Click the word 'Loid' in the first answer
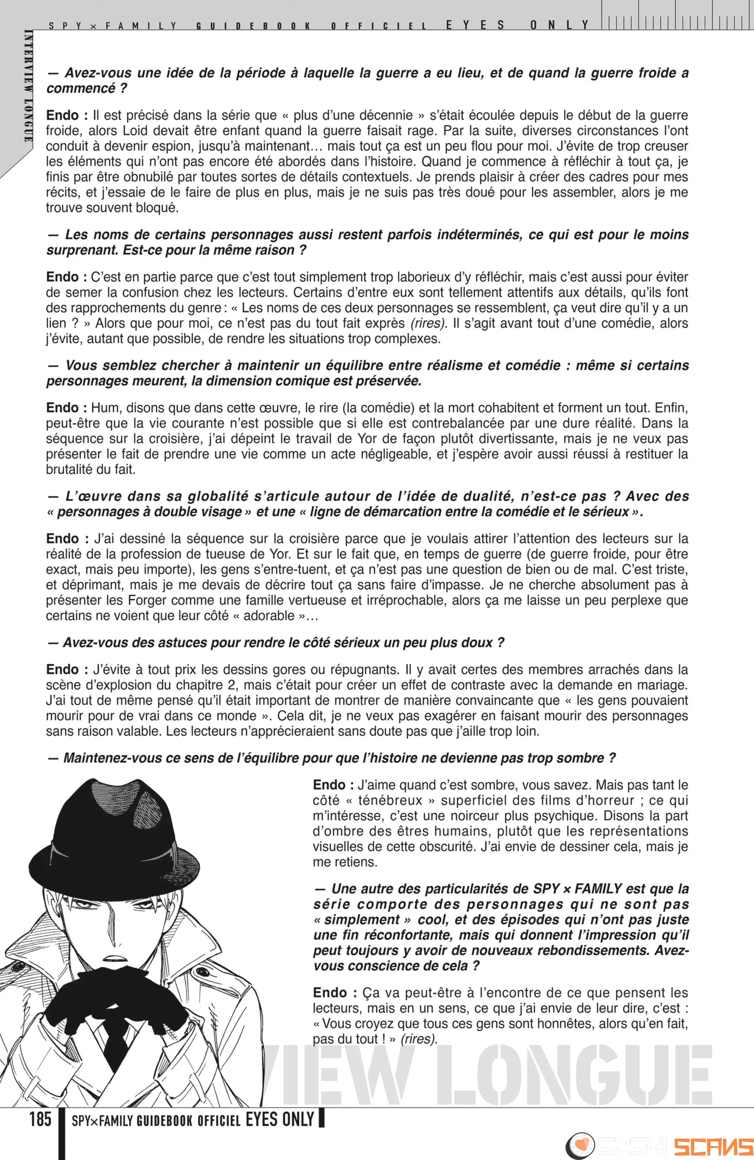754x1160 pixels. (x=135, y=131)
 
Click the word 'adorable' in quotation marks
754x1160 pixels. (x=269, y=616)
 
